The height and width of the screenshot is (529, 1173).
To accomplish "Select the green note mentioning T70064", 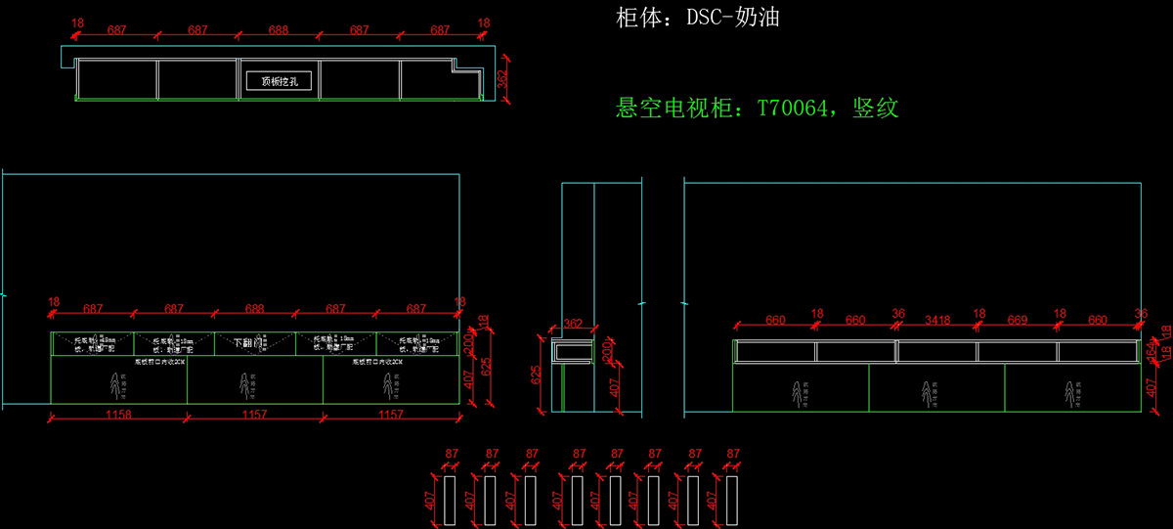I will click(x=757, y=108).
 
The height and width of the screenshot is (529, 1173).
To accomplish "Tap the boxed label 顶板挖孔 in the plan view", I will click(x=280, y=81).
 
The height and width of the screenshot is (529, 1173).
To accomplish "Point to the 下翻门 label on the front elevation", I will click(x=248, y=343).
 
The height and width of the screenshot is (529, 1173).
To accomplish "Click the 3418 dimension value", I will click(x=936, y=319).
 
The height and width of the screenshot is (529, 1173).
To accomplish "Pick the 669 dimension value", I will click(x=1018, y=319).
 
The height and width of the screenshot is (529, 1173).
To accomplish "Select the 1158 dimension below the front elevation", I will click(x=117, y=415).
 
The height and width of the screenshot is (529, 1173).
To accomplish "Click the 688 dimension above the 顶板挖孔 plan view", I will click(x=279, y=30).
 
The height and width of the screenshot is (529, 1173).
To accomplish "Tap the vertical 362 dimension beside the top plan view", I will click(x=502, y=79).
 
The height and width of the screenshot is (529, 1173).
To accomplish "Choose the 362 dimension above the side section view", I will click(x=573, y=323).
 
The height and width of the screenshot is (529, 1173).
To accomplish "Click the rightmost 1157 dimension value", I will click(x=390, y=415).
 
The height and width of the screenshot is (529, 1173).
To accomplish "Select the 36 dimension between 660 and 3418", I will click(x=897, y=314).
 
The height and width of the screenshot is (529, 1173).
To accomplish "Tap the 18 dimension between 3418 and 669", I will click(x=978, y=314).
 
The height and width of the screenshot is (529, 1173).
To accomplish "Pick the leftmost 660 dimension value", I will click(x=775, y=319).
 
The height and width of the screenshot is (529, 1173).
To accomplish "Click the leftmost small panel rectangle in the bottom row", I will click(x=452, y=500).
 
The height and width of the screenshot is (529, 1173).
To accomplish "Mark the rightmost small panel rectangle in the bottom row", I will click(x=732, y=500).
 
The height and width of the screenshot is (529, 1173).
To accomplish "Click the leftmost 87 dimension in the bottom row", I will click(x=452, y=454).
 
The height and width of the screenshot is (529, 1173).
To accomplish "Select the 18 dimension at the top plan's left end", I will click(x=78, y=22).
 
